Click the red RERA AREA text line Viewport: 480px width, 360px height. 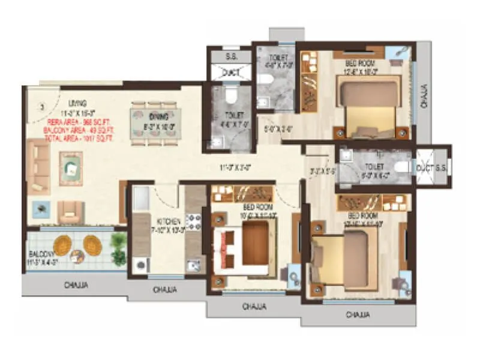pyautogui.click(x=81, y=121)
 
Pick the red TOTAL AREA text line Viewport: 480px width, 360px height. pyautogui.click(x=81, y=137)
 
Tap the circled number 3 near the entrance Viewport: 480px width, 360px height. pyautogui.click(x=41, y=107)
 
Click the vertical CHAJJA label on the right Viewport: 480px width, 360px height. pyautogui.click(x=425, y=96)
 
